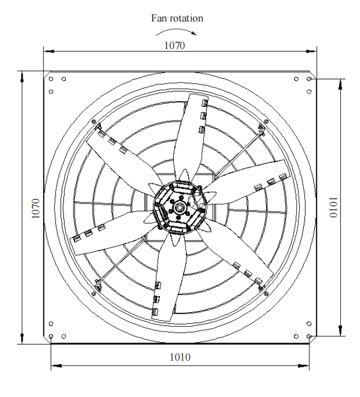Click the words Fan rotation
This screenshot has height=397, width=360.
177,18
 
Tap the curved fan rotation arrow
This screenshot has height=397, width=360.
177,30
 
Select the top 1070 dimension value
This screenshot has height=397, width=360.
175,46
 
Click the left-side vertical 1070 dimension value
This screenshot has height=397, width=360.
36,208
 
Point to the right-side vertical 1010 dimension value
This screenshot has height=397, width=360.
333,207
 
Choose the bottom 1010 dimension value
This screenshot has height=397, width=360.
180,357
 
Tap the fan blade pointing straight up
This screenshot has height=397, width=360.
190,137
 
